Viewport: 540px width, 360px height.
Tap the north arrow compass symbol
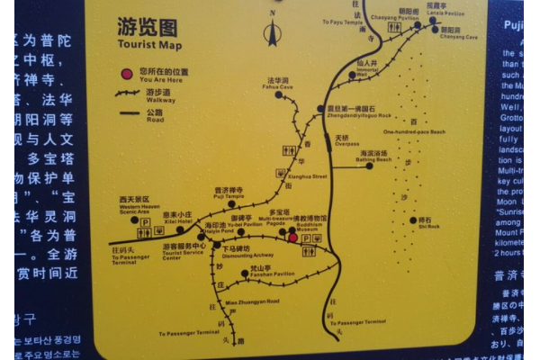pyautogui.click(x=273, y=33)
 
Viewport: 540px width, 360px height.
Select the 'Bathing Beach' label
pyautogui.click(x=376, y=159)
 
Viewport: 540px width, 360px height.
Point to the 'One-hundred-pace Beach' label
pyautogui.click(x=414, y=132)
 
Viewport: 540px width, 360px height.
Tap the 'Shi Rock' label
pyautogui.click(x=428, y=226)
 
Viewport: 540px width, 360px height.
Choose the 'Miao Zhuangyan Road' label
pyautogui.click(x=251, y=301)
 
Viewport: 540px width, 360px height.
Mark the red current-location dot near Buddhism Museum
pyautogui.click(x=292, y=238)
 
